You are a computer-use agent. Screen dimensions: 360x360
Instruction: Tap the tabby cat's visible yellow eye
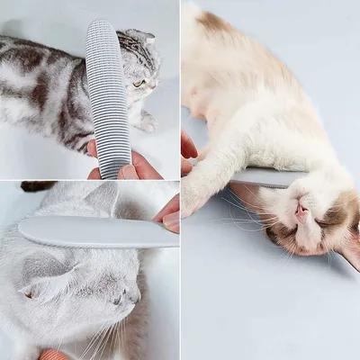click(x=139, y=83)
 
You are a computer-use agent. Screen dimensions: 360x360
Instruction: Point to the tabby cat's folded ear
click(x=139, y=37)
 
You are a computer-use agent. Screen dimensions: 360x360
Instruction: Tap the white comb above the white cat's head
click(x=90, y=232)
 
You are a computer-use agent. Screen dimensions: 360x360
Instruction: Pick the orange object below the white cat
click(x=54, y=355)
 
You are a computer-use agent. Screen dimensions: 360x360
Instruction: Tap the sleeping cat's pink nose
click(x=302, y=211)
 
